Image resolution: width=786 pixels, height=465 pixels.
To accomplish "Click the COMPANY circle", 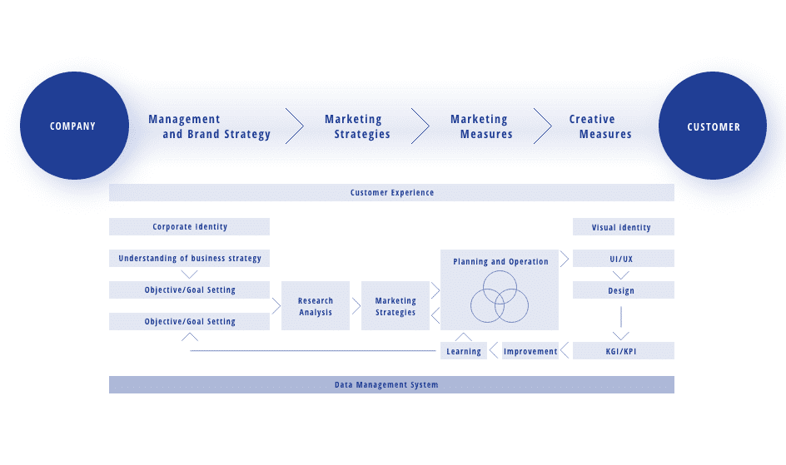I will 73,126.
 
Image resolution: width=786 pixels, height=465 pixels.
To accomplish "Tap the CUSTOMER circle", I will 713,126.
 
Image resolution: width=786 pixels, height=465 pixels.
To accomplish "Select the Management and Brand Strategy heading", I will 210,126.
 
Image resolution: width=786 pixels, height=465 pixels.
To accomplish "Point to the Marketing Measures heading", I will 480,126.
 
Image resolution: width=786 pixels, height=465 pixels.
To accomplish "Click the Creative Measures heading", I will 599,126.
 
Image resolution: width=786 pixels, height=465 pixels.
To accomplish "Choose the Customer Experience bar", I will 391,193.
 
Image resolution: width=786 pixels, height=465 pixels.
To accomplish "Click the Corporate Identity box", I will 189,226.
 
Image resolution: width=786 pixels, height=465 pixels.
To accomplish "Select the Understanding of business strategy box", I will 189,259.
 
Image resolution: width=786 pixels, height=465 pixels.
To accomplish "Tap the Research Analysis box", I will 316,306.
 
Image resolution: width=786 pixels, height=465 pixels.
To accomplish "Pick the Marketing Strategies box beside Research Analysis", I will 395,306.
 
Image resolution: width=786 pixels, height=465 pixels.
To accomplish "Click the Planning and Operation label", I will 500,261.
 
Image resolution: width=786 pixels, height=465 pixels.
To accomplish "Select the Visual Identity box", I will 622,227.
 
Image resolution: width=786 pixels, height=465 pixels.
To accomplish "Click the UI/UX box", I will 623,259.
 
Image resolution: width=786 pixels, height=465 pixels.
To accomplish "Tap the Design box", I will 623,290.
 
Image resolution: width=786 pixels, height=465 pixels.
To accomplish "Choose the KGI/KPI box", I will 623,351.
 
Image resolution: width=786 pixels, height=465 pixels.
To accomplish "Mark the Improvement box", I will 530,351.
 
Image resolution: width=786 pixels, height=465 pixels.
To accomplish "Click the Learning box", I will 464,351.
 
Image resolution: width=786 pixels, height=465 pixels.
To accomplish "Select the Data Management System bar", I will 391,384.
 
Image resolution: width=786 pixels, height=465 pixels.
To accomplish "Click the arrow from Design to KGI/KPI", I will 620,321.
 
